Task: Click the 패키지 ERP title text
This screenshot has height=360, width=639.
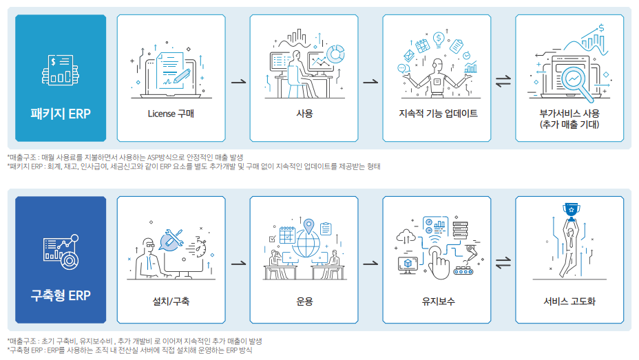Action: coord(61,113)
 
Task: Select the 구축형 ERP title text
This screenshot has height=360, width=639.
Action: coord(61,295)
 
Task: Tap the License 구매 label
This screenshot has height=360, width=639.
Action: coord(171,114)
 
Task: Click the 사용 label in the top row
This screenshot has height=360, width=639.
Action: coord(304,114)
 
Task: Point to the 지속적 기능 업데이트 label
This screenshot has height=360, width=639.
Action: coord(437,114)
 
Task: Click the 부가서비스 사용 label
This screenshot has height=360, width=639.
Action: coord(569,113)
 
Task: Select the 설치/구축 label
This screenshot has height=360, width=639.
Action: coord(171,301)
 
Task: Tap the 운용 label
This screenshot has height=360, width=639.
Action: coord(304,301)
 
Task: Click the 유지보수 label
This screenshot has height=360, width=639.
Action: coord(437,301)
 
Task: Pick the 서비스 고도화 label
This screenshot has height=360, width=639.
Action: coord(569,301)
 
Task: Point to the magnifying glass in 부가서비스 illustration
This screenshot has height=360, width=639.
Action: coord(572,81)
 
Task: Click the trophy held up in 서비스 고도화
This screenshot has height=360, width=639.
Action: coord(569,209)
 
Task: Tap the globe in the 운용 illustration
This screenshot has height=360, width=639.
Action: coord(304,246)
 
